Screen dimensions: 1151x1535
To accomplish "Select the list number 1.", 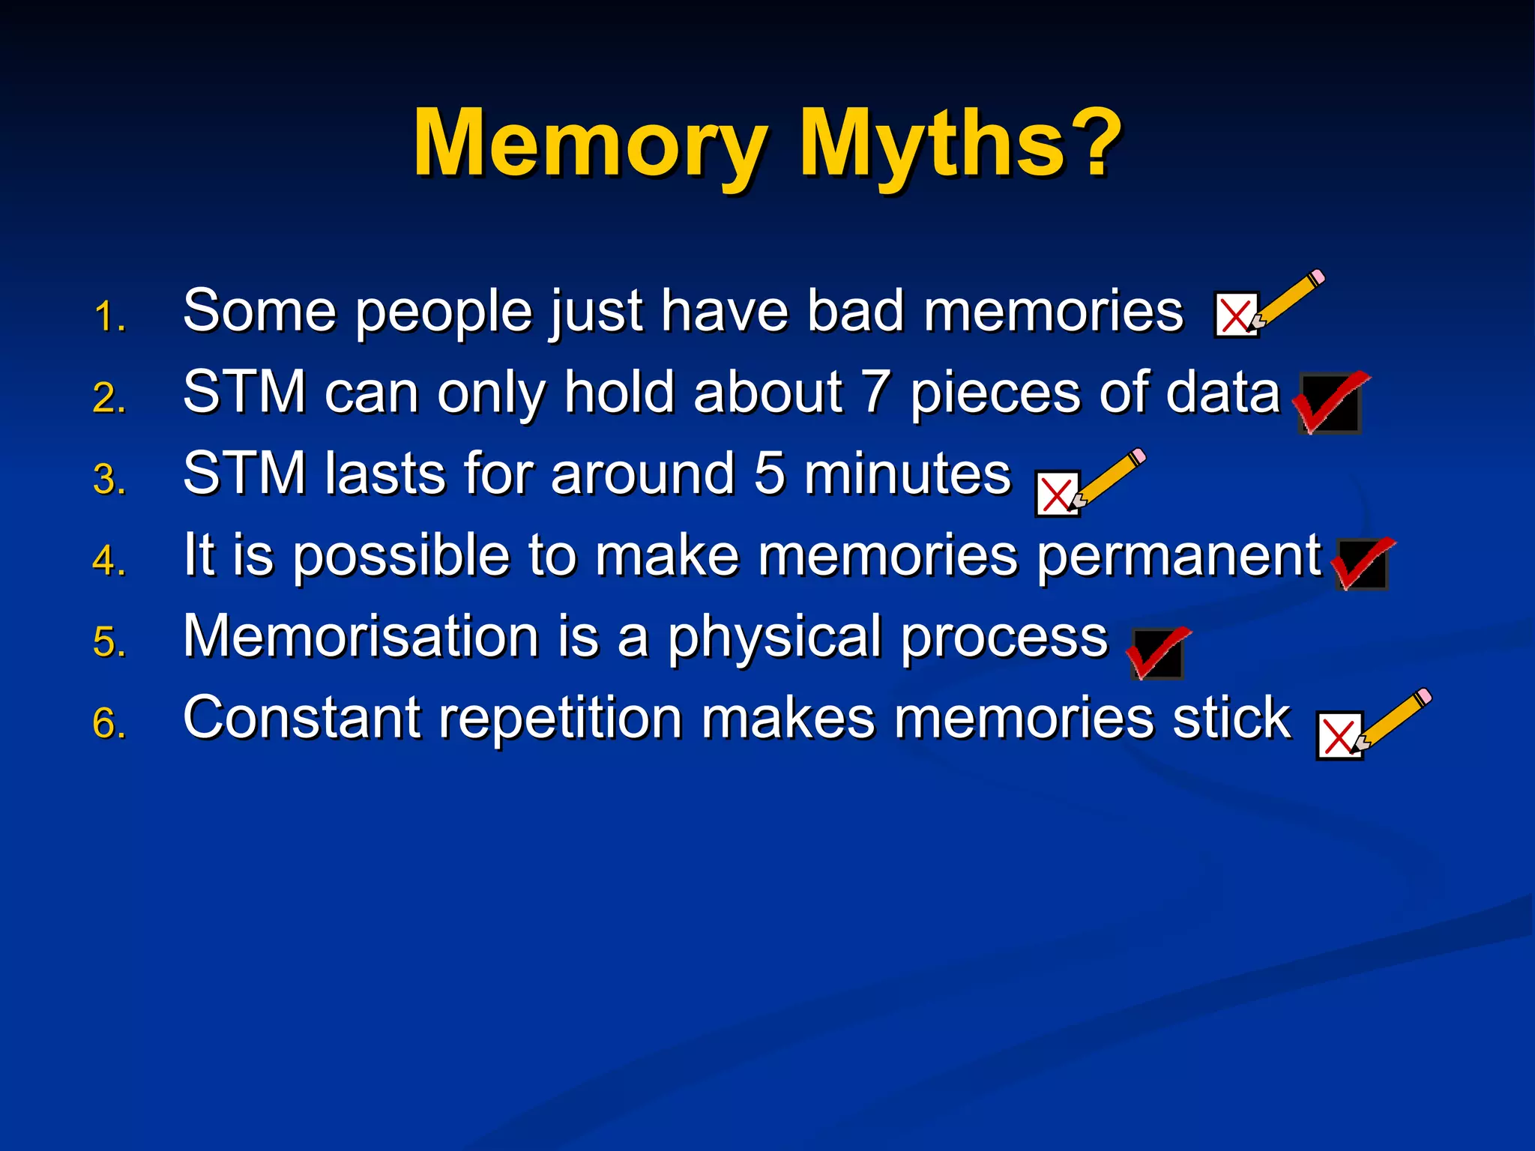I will [x=109, y=317].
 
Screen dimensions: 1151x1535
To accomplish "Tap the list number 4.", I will [x=109, y=561].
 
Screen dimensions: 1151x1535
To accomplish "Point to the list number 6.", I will [x=109, y=724].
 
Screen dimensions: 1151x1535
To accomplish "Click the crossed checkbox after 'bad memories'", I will [x=1235, y=315].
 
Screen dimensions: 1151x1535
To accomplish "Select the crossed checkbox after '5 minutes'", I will [x=1056, y=494].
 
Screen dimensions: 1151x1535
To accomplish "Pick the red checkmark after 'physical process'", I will [x=1157, y=652].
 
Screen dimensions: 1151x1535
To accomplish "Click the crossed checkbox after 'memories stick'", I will [x=1338, y=736].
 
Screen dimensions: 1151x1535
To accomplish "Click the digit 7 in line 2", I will [x=875, y=393].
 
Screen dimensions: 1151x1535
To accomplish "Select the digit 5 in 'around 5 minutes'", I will [x=769, y=474].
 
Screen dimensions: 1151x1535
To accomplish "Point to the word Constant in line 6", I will [x=302, y=718].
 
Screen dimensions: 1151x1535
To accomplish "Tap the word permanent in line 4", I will [x=1179, y=556].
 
